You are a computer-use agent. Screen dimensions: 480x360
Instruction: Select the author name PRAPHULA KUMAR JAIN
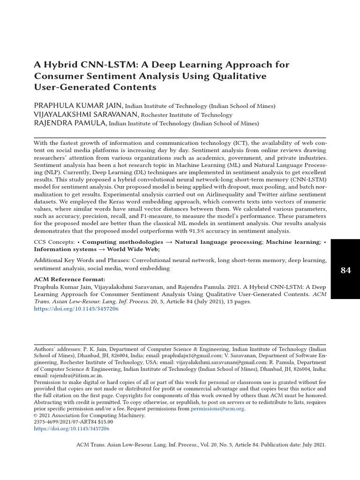78,105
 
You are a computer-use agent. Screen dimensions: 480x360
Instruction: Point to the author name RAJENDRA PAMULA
70,123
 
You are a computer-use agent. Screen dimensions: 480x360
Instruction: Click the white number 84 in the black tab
345,270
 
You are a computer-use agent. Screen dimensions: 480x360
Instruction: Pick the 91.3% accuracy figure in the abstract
216,231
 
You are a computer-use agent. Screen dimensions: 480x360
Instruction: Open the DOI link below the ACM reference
76,309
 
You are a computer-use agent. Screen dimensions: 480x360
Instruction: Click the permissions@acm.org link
217,409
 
